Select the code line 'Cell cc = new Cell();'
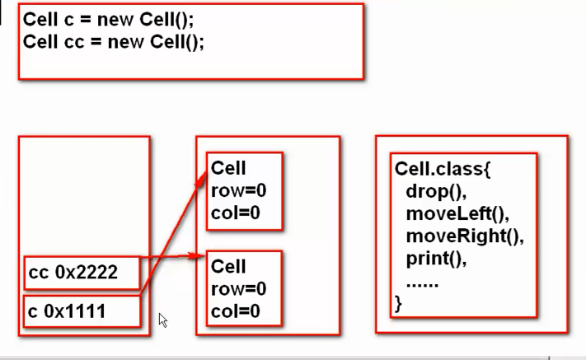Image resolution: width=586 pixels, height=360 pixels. point(113,41)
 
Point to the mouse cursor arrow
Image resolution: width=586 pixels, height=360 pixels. point(162,319)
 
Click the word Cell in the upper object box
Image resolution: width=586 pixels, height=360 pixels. point(228,168)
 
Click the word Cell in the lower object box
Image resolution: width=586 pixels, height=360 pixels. point(228,267)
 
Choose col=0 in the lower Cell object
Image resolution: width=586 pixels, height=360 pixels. point(236,311)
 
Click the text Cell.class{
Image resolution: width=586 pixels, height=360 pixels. point(443,171)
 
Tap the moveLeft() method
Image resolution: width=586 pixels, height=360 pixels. point(457,214)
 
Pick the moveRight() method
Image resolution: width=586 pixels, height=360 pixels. point(464,236)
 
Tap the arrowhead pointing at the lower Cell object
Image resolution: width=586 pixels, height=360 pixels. point(199,256)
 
